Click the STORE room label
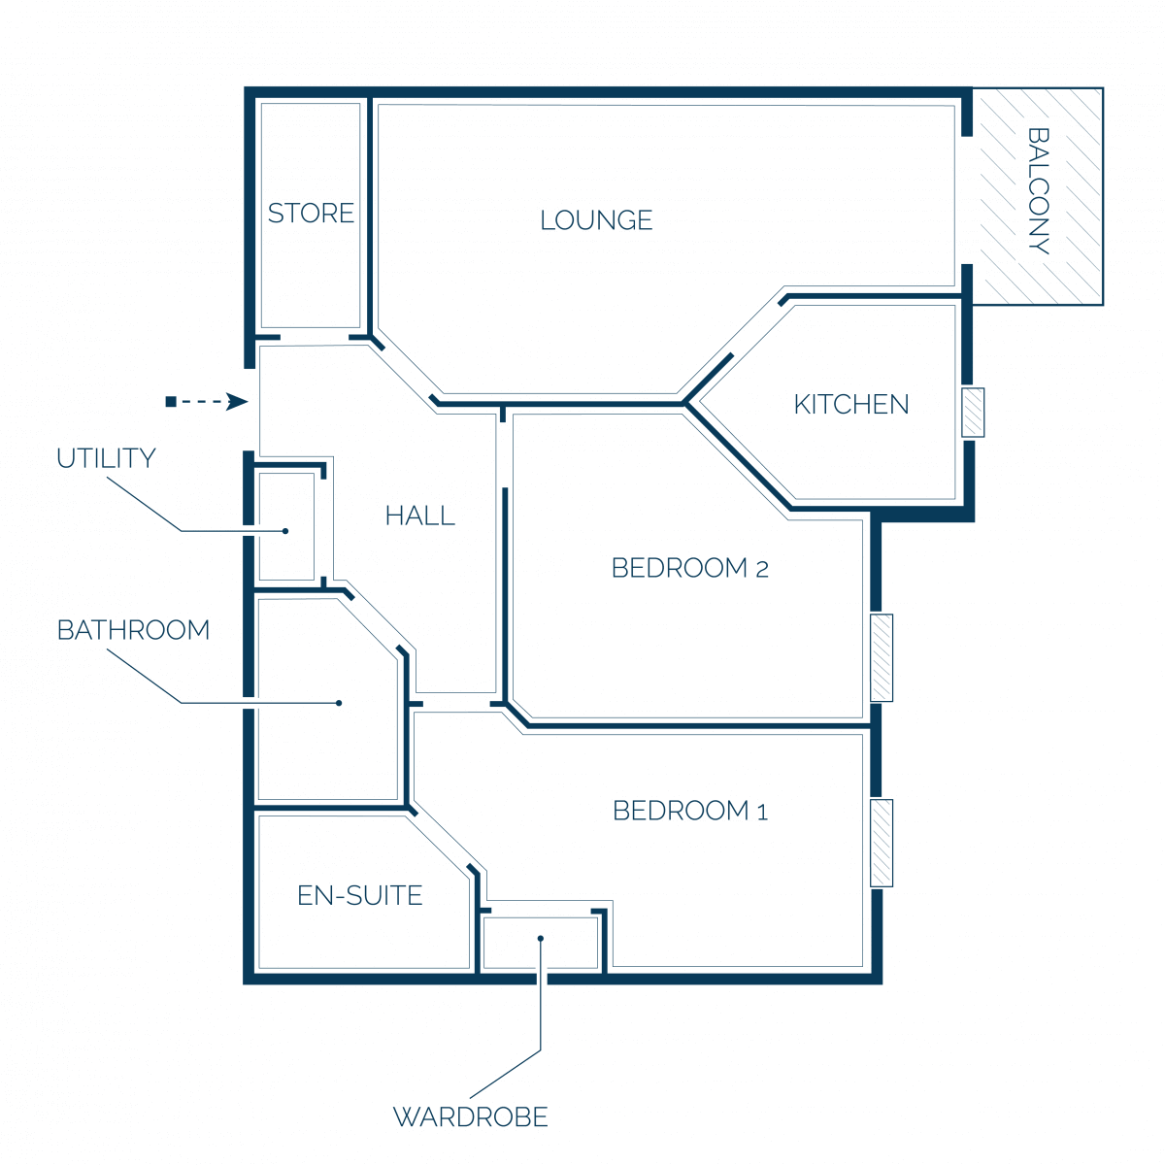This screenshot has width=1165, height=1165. [310, 213]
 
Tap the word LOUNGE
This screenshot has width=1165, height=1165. [595, 220]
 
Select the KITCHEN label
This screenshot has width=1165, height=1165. [850, 405]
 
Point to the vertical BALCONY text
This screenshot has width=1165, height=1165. [1038, 190]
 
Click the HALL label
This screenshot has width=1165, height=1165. [419, 516]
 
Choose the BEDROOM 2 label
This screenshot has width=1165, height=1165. [689, 568]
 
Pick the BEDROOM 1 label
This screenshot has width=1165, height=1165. [690, 811]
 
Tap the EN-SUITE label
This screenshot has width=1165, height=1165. [360, 895]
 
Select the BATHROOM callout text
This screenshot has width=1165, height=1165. [133, 630]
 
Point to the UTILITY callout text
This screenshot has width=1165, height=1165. [106, 458]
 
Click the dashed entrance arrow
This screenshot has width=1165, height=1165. [207, 401]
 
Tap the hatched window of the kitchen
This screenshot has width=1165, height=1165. [973, 413]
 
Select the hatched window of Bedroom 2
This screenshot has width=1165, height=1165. [881, 658]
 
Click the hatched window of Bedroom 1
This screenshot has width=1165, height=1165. [881, 843]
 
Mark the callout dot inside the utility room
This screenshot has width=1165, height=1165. [285, 531]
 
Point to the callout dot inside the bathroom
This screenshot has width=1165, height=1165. [339, 703]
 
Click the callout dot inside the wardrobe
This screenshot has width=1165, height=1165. [541, 938]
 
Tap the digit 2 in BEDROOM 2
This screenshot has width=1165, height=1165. [762, 570]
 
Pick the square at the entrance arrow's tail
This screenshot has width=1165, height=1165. [171, 401]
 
